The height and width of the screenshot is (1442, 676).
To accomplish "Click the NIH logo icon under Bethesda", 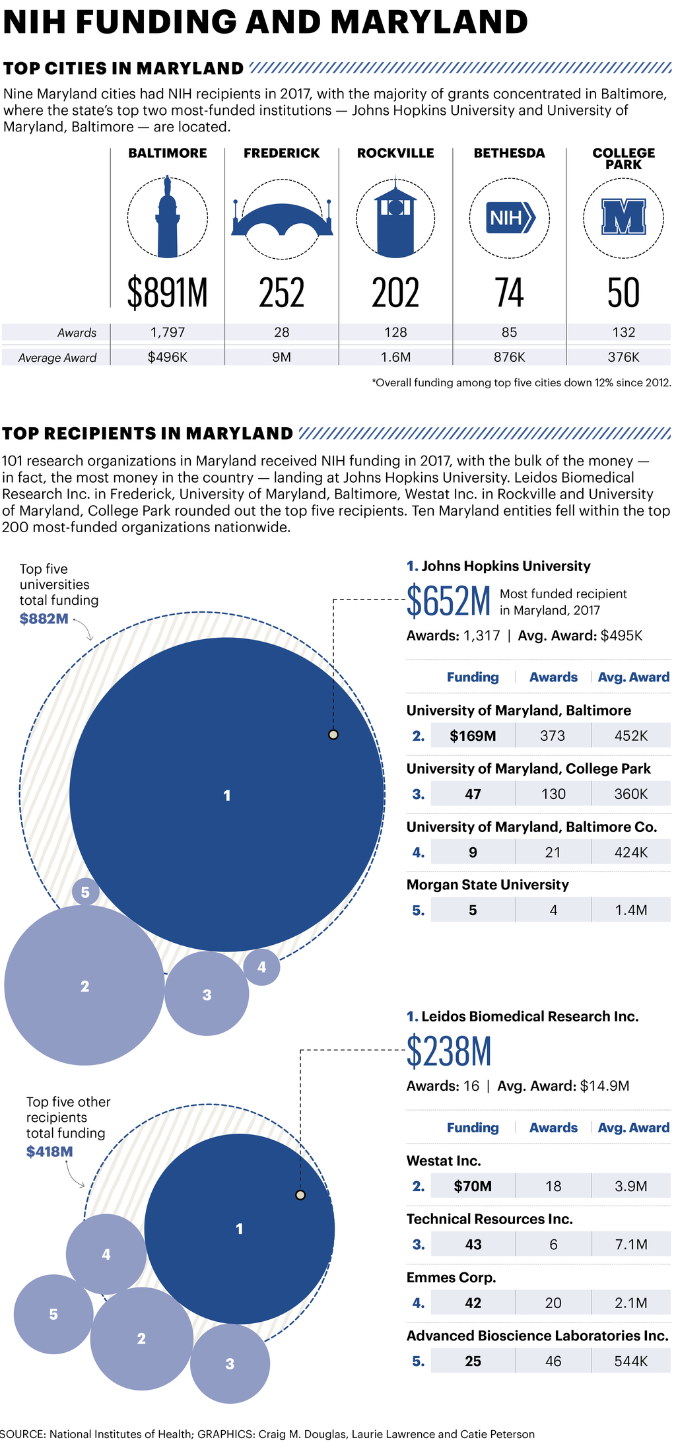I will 509,218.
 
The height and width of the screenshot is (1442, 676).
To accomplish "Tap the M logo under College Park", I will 623,217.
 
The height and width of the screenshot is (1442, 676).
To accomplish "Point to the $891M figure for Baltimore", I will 168,293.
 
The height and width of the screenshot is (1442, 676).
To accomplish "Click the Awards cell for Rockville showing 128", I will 395,332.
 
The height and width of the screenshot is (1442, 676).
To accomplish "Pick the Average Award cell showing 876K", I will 509,357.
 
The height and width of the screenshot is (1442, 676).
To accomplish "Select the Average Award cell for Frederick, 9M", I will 282,357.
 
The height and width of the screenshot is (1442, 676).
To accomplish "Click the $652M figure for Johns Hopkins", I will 449,601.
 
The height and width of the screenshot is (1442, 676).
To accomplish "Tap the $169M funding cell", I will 473,736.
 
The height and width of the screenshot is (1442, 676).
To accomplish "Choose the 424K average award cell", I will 630,852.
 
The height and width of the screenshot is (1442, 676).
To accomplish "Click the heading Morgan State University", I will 487,885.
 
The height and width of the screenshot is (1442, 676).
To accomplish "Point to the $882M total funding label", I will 44,619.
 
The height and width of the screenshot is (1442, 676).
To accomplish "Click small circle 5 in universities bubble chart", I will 85,893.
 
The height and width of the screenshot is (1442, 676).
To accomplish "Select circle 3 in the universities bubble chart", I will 207,994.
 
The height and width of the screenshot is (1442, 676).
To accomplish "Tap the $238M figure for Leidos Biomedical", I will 449,1052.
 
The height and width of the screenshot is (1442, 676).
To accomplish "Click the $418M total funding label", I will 50,1151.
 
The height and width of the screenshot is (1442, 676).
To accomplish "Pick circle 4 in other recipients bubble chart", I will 106,1254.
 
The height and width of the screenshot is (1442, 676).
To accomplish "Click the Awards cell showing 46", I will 553,1361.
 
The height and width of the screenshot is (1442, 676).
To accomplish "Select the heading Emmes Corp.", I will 451,1278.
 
